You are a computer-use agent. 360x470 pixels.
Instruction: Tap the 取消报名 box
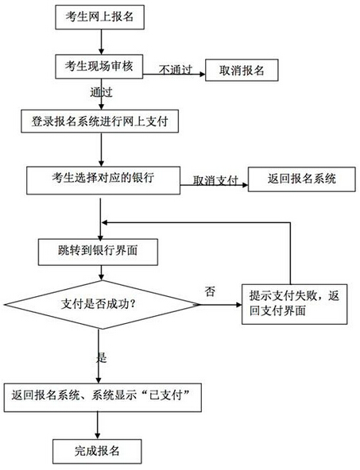[242, 71]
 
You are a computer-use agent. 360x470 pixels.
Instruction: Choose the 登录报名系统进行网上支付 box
[100, 121]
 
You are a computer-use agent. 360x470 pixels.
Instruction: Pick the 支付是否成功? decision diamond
[101, 303]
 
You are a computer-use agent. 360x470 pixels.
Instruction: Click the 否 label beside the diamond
[210, 291]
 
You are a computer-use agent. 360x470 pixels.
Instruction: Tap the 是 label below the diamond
[102, 356]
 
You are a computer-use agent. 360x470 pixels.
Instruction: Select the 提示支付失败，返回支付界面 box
[294, 304]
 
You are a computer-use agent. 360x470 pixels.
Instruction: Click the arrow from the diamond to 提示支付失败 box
[219, 302]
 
